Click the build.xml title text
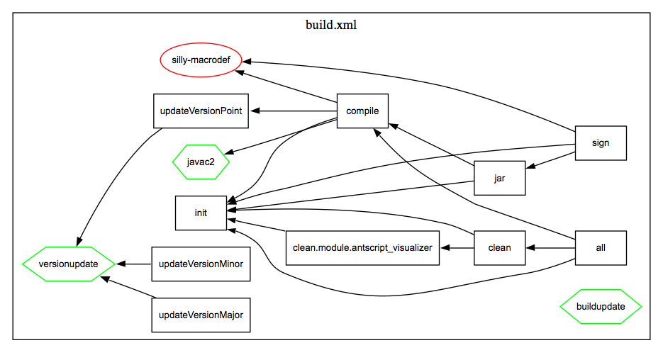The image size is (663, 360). click(x=331, y=25)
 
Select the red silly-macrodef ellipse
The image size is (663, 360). click(x=201, y=60)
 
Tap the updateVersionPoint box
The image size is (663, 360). click(x=201, y=111)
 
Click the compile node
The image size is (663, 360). click(x=362, y=111)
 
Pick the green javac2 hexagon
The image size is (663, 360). click(x=201, y=162)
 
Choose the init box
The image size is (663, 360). click(x=201, y=213)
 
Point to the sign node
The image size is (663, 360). click(x=601, y=143)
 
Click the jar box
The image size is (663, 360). click(x=499, y=179)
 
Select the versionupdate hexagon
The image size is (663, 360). click(x=69, y=264)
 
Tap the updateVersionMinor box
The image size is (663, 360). click(x=201, y=264)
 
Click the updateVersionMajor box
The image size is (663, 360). click(x=201, y=315)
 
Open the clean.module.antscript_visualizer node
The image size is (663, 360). click(x=362, y=248)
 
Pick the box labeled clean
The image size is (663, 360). click(x=499, y=248)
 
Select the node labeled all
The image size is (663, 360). click(x=601, y=248)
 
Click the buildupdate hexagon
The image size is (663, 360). click(x=601, y=307)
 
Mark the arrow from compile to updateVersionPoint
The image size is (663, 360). click(x=294, y=111)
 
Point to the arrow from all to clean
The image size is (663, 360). click(x=550, y=248)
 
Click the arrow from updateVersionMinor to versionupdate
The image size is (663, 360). click(x=134, y=264)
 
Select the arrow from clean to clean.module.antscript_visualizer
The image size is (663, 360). click(x=457, y=248)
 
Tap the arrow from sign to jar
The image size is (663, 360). click(x=550, y=160)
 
